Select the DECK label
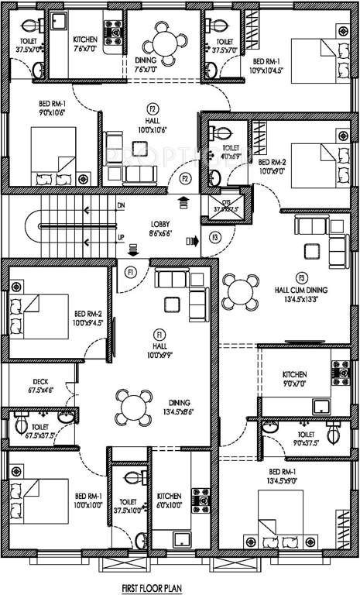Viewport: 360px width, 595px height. [41, 381]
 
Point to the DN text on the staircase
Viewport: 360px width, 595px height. [120, 206]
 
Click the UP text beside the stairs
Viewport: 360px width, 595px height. [120, 237]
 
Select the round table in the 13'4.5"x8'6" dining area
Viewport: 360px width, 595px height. [133, 405]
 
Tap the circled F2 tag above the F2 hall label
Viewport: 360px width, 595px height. [153, 109]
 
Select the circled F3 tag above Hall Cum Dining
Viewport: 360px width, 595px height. [301, 277]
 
